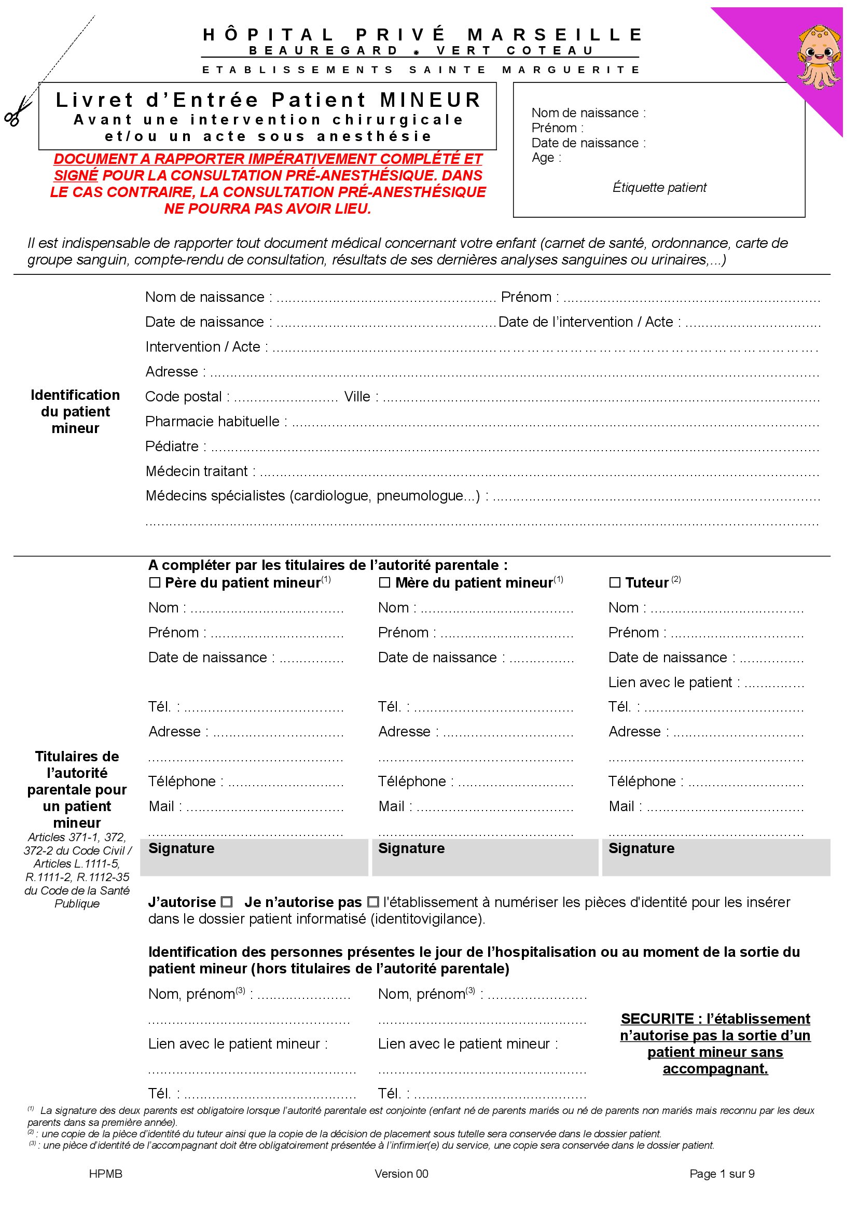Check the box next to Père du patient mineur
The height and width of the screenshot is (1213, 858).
pos(155,583)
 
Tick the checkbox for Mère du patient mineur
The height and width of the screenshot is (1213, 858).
pos(384,583)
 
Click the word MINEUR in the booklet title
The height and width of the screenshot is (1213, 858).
pos(430,100)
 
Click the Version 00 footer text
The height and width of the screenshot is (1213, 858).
pos(401,1174)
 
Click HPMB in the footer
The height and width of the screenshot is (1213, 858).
pos(106,1174)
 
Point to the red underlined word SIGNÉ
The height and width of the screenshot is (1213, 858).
pos(76,175)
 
